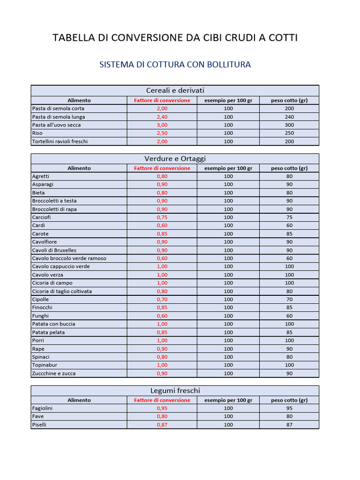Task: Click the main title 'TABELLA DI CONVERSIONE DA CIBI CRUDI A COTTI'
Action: (175, 38)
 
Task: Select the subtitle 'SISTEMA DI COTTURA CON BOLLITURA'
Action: (175, 65)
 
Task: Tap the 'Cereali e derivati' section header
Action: (175, 90)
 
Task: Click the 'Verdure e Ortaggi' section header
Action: (175, 158)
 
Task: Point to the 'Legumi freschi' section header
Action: (175, 390)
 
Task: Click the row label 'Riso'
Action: (37, 133)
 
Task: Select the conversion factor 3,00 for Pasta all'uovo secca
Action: (162, 125)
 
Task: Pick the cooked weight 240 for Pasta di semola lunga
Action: (289, 117)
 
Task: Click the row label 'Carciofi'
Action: (41, 217)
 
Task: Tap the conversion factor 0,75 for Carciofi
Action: (162, 217)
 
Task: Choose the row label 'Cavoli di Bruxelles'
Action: (54, 250)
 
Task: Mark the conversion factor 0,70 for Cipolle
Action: (162, 300)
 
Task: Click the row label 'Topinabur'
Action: (45, 365)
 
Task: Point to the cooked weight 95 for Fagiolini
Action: (289, 408)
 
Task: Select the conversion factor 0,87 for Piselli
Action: (162, 425)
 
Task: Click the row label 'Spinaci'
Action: (41, 357)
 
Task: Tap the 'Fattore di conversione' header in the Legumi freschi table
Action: (162, 400)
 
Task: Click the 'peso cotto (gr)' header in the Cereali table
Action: (289, 100)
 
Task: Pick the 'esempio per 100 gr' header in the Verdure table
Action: (228, 168)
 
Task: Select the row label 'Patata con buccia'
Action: (53, 324)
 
